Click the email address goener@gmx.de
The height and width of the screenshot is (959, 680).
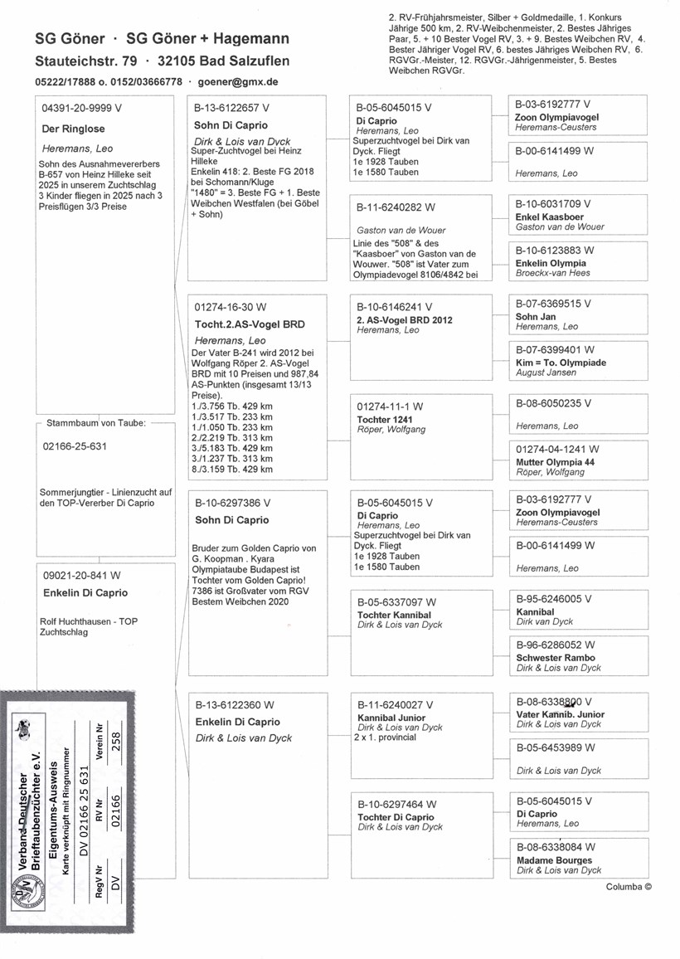[238, 82]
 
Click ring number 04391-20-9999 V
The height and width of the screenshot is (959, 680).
[82, 108]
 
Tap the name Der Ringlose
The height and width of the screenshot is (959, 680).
[73, 129]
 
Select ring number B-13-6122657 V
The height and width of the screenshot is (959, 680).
[231, 108]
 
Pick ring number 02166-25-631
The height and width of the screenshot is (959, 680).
[75, 446]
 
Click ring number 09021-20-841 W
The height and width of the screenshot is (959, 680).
[81, 575]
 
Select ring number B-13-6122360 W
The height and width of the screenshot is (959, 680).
[235, 705]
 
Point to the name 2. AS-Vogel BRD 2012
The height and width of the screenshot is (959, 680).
[404, 320]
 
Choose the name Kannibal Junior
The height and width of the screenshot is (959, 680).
[391, 718]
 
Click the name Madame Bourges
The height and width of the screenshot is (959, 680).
[554, 860]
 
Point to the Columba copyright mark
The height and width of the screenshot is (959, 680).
[629, 886]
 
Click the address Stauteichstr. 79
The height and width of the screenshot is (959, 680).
[85, 61]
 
